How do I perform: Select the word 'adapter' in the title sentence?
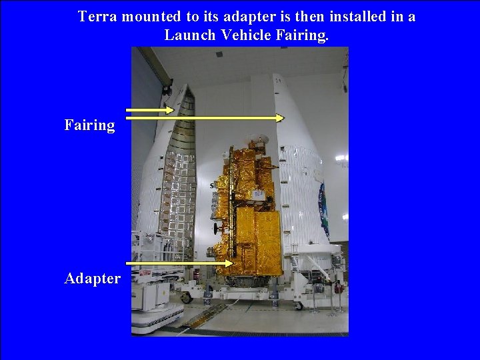[x=243, y=16]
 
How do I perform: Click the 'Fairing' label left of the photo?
[x=89, y=125]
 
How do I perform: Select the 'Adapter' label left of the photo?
[x=92, y=278]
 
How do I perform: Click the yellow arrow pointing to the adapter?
[x=180, y=264]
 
